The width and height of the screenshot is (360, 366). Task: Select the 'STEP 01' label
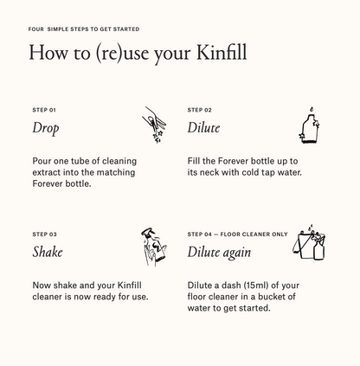[44, 110]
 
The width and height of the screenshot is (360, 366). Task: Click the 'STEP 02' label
[199, 110]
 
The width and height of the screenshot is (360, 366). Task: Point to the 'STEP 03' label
[44, 234]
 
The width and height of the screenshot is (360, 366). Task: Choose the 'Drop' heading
[45, 128]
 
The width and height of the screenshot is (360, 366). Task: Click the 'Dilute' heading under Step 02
[203, 128]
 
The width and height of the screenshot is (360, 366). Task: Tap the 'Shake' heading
[48, 252]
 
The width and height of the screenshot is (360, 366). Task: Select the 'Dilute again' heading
[219, 252]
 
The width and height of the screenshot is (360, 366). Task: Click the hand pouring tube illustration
[152, 125]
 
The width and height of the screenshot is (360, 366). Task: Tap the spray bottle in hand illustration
[153, 247]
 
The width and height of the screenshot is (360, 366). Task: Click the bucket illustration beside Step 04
[309, 246]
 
